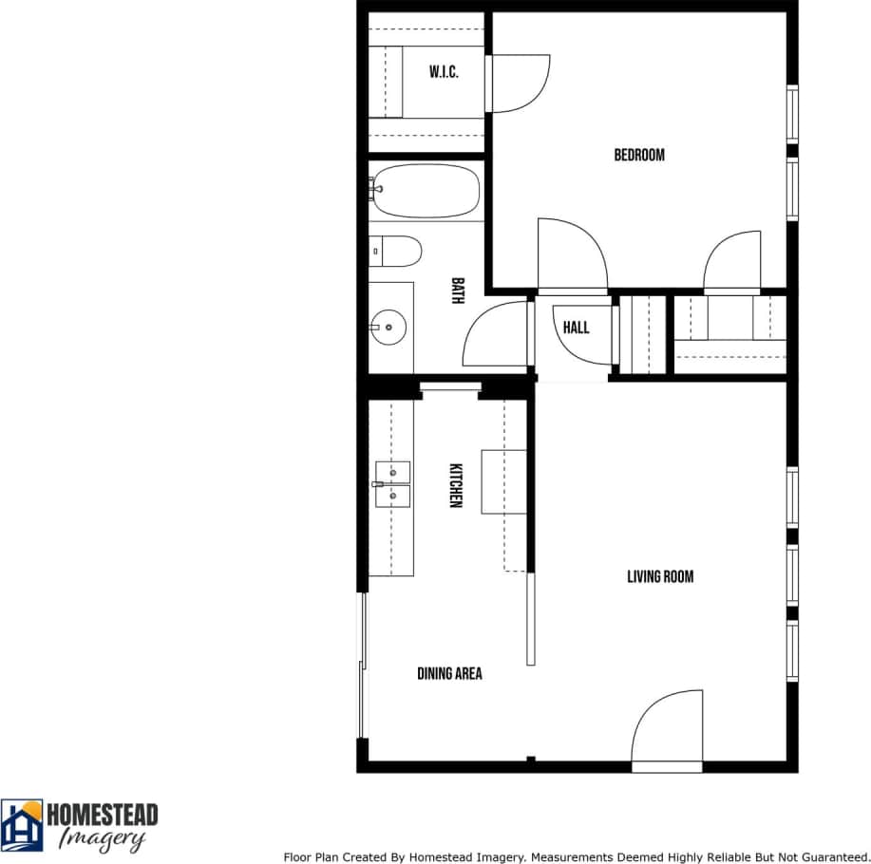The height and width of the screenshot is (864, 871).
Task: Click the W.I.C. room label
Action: [x=444, y=72]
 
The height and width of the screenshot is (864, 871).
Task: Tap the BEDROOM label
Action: [x=639, y=155]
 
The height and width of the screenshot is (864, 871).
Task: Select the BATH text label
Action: [x=458, y=291]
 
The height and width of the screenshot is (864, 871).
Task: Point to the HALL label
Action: [x=576, y=328]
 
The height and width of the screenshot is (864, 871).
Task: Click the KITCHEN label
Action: [x=455, y=485]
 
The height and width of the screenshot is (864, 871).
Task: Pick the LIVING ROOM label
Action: [x=660, y=576]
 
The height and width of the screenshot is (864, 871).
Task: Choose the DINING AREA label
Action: [x=449, y=673]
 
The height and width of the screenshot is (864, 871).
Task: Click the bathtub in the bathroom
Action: [x=425, y=191]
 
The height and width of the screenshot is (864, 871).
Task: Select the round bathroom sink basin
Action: [x=389, y=328]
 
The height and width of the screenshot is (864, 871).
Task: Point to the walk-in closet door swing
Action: [x=518, y=84]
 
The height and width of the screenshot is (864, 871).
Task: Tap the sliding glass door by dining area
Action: [x=362, y=665]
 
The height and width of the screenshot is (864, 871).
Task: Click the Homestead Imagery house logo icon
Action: [x=22, y=824]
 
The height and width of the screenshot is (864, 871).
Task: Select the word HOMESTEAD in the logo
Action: [x=103, y=816]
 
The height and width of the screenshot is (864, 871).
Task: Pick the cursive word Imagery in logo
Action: [x=102, y=838]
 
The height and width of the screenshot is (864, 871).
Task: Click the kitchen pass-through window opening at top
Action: [x=450, y=386]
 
